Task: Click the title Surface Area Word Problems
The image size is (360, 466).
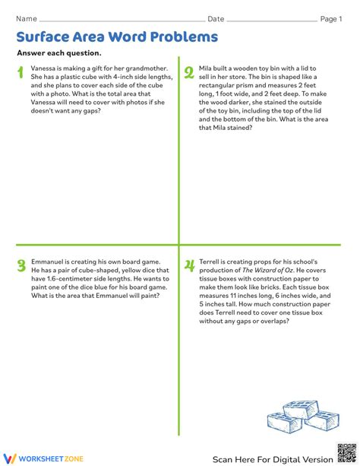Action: coord(117,36)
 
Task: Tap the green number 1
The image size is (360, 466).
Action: coord(20,73)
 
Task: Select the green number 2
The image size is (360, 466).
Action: coord(188,73)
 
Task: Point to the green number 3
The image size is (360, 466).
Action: coord(21,265)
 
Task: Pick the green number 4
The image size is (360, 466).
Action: coord(188,265)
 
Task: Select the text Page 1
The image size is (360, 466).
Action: coord(330,19)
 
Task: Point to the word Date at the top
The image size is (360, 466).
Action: coord(216,19)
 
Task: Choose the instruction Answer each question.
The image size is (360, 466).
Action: coord(58,53)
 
